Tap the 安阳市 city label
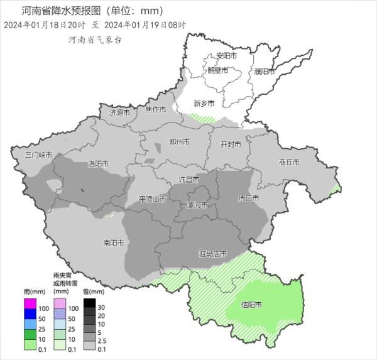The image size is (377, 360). point(226,56)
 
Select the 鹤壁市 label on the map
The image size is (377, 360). point(217,70)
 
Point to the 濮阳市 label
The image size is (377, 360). point(265,70)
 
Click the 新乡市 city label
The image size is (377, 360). point(204,104)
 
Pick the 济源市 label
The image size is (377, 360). point(119,113)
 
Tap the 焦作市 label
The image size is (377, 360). point(155,110)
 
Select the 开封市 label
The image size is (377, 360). point(231,144)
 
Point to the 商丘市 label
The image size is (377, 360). point(288,162)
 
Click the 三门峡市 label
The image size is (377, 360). point(38,155)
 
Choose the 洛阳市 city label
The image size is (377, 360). point(98,164)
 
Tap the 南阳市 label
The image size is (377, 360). point(113,243)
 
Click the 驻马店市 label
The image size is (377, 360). point(213,254)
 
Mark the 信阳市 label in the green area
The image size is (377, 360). point(251,306)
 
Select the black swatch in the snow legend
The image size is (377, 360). point(89,304)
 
